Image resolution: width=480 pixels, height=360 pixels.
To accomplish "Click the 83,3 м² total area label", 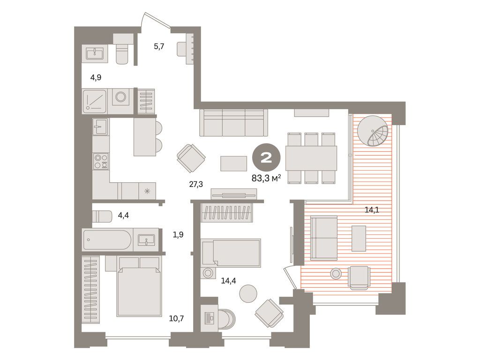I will (265, 178).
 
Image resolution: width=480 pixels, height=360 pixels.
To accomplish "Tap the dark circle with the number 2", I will (266, 158).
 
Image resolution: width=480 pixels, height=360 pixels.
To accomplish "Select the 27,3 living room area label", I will (196, 184).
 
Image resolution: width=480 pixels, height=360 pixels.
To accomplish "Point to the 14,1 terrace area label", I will (372, 210).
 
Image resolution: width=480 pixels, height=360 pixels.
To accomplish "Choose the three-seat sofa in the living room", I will (233, 123).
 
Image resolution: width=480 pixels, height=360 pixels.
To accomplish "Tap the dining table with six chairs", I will (311, 158).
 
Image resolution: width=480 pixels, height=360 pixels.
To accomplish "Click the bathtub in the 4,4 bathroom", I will (107, 240).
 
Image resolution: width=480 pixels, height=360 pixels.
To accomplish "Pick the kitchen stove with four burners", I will (101, 161).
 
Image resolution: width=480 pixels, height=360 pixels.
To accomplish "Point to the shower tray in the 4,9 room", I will (95, 101).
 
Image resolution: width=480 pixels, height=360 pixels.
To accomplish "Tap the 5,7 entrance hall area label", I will (159, 46).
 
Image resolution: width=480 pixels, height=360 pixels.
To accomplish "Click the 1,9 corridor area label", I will (178, 234).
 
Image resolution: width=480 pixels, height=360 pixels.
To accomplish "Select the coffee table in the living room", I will (233, 163).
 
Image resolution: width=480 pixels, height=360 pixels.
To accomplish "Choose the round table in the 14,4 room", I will (248, 293).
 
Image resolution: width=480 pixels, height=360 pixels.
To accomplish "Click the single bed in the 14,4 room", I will (231, 253).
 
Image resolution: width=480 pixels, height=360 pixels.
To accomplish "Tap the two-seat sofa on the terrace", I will (324, 238).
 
